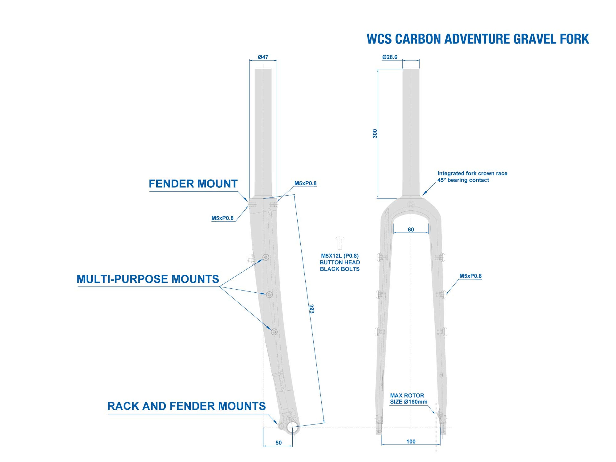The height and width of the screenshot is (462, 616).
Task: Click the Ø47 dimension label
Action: (263, 57)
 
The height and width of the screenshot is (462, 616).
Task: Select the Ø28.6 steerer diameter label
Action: (390, 57)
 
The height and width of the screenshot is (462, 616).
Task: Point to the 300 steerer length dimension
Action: (375, 133)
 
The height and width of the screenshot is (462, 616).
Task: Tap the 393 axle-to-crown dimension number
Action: (312, 309)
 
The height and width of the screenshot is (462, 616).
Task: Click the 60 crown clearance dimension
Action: (411, 229)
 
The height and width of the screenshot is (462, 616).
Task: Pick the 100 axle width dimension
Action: (411, 442)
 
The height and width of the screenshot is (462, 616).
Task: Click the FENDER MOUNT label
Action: (193, 184)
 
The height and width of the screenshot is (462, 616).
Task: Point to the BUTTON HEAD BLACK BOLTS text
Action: (340, 266)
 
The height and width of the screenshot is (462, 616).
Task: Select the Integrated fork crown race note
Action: (472, 177)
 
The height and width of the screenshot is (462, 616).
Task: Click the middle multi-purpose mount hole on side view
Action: (269, 294)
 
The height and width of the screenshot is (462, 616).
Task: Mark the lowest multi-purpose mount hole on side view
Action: (274, 332)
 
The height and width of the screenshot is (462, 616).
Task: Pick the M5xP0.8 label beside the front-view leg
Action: (470, 276)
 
